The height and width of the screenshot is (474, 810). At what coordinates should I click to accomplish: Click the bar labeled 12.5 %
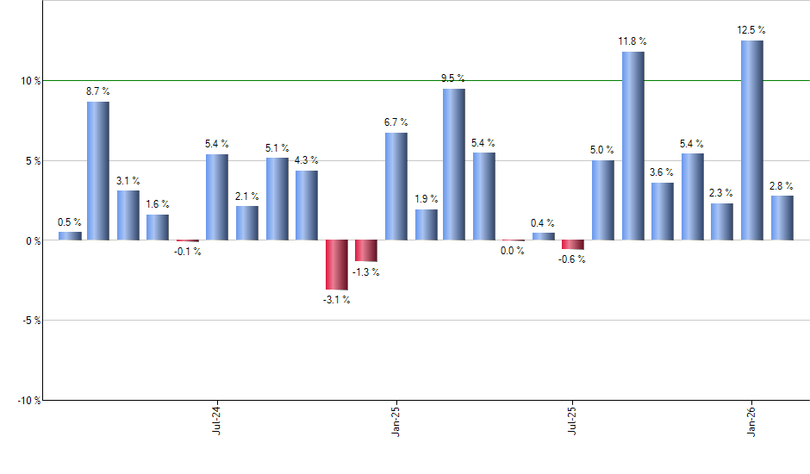click(x=751, y=140)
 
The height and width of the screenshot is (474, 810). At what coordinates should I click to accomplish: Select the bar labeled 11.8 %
click(x=632, y=146)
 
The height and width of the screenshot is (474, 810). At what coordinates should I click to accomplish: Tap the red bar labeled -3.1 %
click(x=336, y=265)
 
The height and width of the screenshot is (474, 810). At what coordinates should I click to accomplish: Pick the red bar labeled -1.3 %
click(x=366, y=251)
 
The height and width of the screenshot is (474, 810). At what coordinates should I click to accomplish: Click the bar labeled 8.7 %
click(x=98, y=171)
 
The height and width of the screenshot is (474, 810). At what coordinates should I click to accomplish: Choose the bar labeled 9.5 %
click(x=454, y=165)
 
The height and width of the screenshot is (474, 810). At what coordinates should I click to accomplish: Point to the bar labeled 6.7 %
click(x=396, y=186)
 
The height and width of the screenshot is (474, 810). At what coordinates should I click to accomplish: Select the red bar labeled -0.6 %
click(x=573, y=245)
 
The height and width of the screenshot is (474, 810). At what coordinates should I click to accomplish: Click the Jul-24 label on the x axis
click(x=215, y=420)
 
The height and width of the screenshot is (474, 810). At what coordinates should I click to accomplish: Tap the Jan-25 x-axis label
click(x=395, y=420)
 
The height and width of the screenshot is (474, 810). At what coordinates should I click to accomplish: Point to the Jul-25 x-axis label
click(x=573, y=420)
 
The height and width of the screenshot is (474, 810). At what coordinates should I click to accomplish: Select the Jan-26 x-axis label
click(x=751, y=420)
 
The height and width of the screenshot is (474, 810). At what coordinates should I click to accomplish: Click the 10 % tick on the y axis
click(x=30, y=81)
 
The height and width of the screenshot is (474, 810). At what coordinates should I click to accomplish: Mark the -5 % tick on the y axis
click(x=30, y=321)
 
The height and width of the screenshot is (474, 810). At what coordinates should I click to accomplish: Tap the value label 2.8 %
click(x=782, y=185)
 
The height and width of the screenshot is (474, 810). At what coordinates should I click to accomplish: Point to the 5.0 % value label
click(x=603, y=150)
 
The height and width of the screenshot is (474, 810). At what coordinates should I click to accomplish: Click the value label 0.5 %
click(x=69, y=222)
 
